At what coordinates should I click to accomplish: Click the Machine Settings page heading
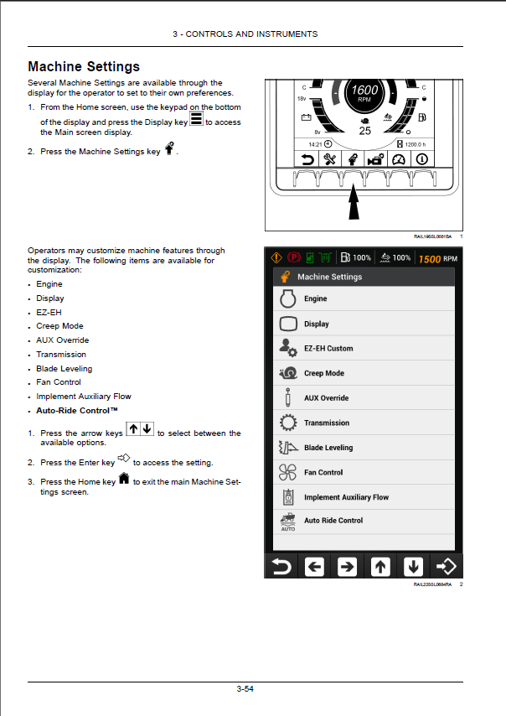[x=84, y=66]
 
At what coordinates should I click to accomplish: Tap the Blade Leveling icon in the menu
[x=287, y=448]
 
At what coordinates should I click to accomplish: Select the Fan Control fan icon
[x=287, y=472]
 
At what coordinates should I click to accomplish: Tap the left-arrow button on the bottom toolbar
[x=314, y=567]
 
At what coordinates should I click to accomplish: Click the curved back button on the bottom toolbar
[x=281, y=567]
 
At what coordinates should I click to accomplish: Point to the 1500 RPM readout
[x=438, y=259]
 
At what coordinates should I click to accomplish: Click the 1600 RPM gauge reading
[x=364, y=92]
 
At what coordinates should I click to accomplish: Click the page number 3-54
[x=245, y=688]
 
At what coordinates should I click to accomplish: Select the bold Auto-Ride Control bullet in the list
[x=77, y=411]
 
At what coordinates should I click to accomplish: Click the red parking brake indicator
[x=293, y=257]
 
